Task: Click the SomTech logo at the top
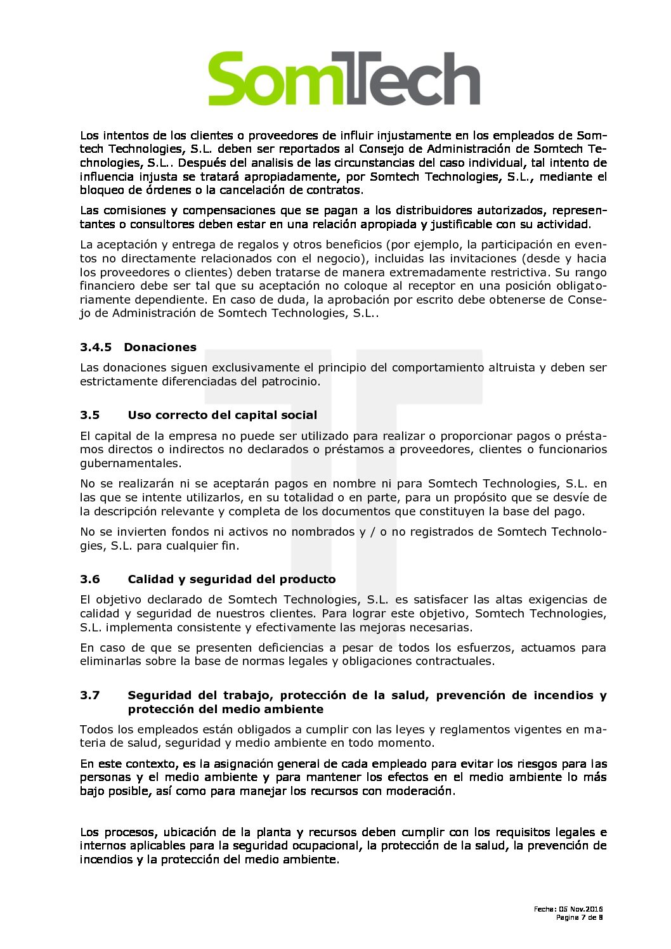344,79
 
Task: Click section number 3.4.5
96,347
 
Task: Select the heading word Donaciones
160,347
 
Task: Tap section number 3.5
90,415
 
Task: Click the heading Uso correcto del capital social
222,415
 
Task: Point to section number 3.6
90,579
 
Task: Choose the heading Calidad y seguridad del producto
231,579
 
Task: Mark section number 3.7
90,695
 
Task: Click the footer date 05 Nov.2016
580,909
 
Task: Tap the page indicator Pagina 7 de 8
579,917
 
